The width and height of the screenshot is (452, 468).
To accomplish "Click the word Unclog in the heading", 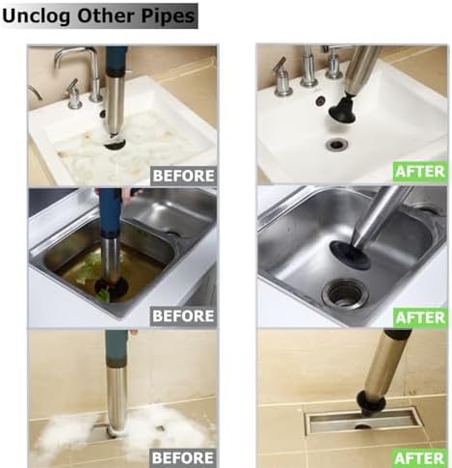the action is [36, 15].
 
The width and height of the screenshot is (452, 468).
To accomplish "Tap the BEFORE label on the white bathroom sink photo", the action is [183, 176].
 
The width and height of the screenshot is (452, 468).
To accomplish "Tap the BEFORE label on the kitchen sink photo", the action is [183, 316].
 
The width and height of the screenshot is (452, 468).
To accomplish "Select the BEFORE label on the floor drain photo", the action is [183, 457].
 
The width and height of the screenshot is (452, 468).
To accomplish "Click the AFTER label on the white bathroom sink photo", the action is [420, 171].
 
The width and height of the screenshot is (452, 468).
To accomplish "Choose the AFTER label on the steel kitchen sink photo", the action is [420, 317].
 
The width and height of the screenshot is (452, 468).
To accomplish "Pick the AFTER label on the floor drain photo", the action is [420, 458].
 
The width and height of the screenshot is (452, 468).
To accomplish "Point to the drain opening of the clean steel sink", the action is [345, 293].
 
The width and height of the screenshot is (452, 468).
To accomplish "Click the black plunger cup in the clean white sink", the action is [342, 109].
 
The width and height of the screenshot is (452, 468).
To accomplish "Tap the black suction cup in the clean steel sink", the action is [350, 255].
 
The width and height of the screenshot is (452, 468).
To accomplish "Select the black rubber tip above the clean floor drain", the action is [371, 402].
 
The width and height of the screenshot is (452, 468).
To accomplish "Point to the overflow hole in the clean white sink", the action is [320, 100].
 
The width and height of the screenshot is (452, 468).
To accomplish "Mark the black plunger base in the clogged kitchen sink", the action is [112, 289].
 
